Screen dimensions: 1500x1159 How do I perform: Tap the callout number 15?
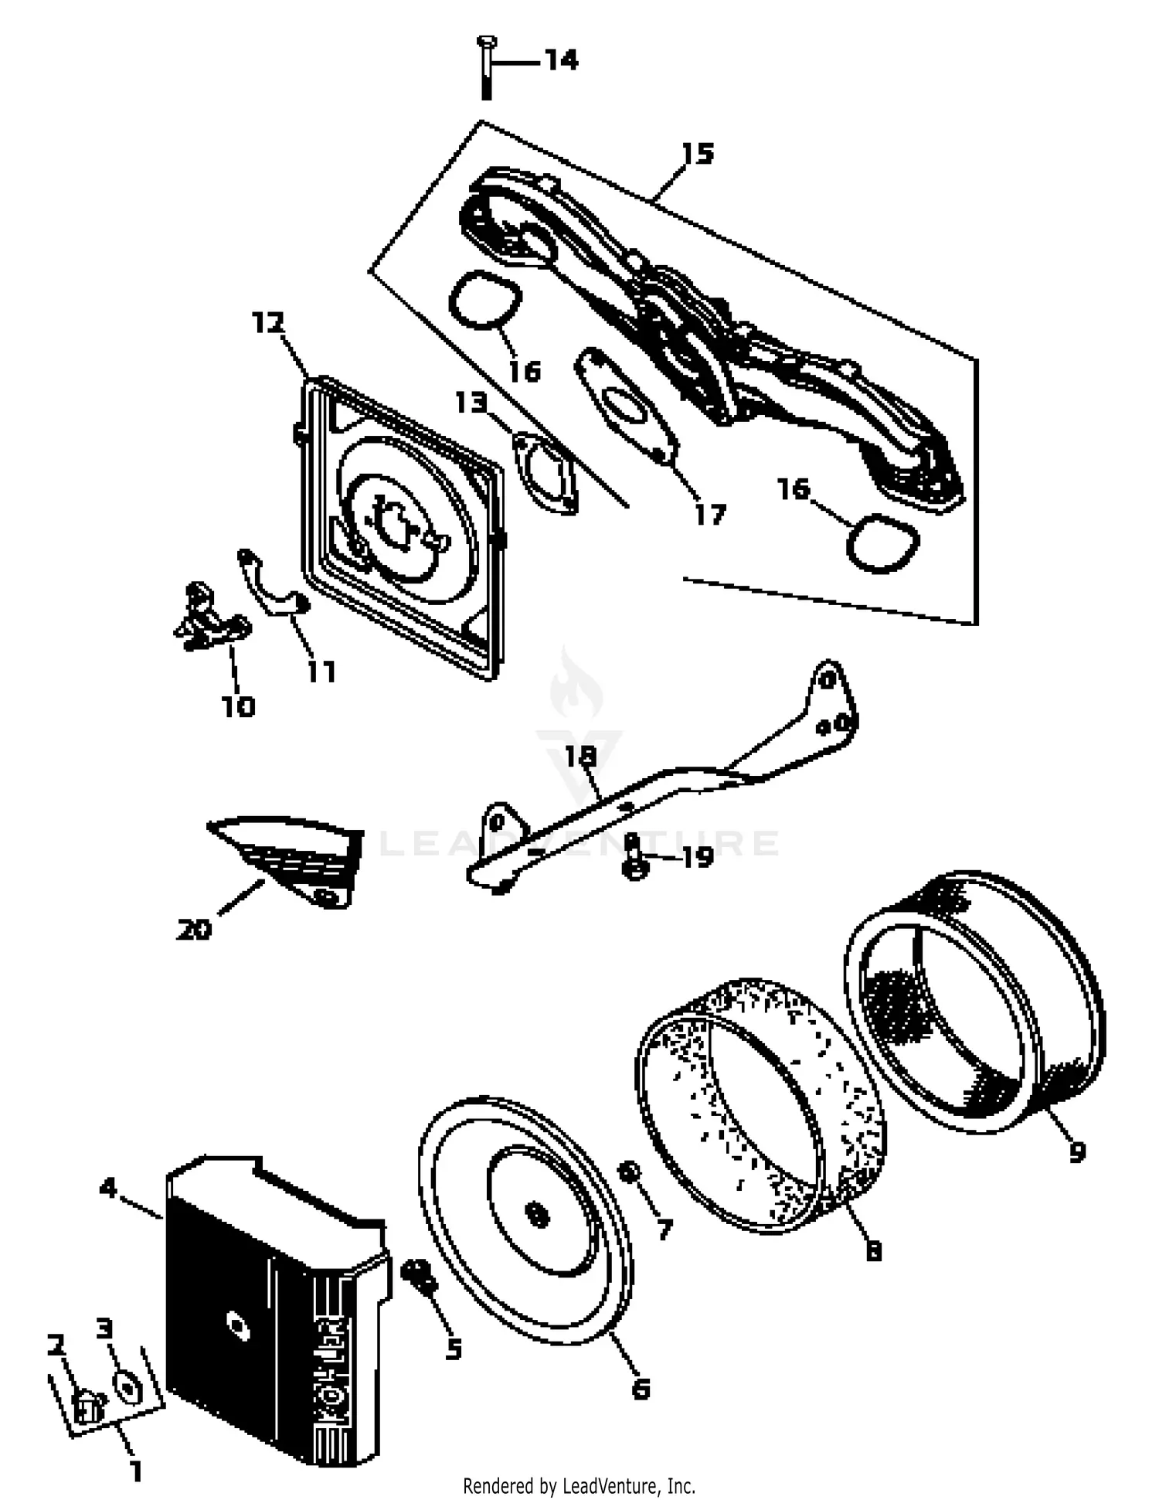(x=698, y=154)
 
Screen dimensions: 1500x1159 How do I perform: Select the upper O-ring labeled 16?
(x=485, y=300)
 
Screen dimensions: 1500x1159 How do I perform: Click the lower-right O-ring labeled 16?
(x=882, y=543)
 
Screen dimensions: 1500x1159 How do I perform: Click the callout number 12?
(x=268, y=322)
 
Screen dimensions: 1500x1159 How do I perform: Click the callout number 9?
(x=1077, y=1151)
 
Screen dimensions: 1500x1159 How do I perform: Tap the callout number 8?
(x=873, y=1250)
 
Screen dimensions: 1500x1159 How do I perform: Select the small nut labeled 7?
(x=628, y=1172)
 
